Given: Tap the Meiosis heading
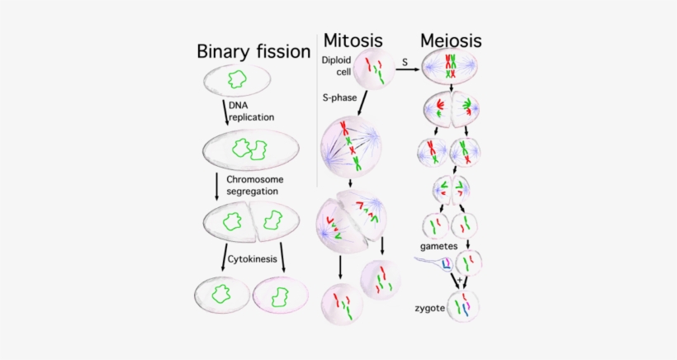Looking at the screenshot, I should point(451,40).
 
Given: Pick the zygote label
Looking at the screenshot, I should point(431,309).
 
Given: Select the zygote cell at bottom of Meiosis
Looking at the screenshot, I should point(462,306).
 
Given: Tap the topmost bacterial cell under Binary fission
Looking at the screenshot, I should point(236,80).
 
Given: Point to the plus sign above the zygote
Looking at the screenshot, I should point(459,282).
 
